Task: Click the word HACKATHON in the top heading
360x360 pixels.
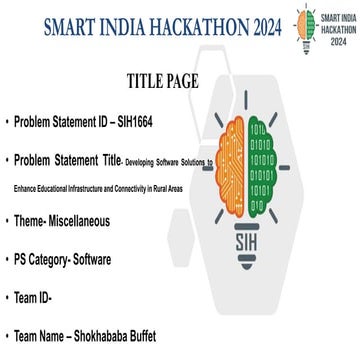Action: coord(186,25)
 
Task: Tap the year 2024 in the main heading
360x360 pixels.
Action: coord(259,25)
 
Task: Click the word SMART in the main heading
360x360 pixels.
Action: coord(73,25)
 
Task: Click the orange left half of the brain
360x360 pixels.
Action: coord(244,159)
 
